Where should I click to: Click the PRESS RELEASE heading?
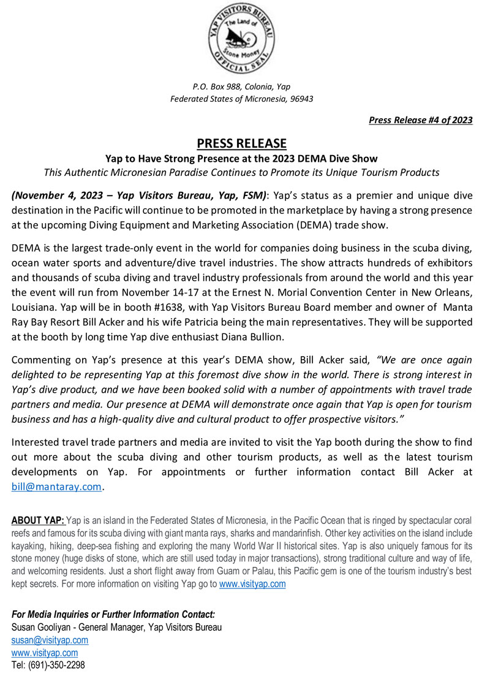241,143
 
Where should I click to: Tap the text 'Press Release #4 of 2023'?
420,120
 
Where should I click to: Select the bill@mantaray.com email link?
56,487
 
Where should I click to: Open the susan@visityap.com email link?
50,640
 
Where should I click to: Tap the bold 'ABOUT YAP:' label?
37,521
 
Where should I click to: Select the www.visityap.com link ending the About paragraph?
252,583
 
